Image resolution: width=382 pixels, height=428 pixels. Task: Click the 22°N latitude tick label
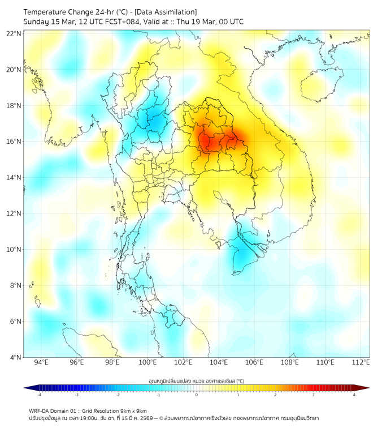[14, 33]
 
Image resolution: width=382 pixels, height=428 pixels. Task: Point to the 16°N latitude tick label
[14, 142]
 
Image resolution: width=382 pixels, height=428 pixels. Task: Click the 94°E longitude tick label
[41, 362]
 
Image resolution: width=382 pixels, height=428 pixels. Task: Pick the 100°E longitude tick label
[148, 362]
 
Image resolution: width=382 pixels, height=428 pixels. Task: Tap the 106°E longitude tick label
[255, 362]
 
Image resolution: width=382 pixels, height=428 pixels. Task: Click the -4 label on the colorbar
[38, 395]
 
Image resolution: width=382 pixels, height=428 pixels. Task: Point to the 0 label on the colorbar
[197, 395]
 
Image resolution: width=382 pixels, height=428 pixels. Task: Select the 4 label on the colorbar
[354, 395]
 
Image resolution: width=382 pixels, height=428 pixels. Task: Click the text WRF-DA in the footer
[40, 410]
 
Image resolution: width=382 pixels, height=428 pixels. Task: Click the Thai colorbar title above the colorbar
[196, 381]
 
